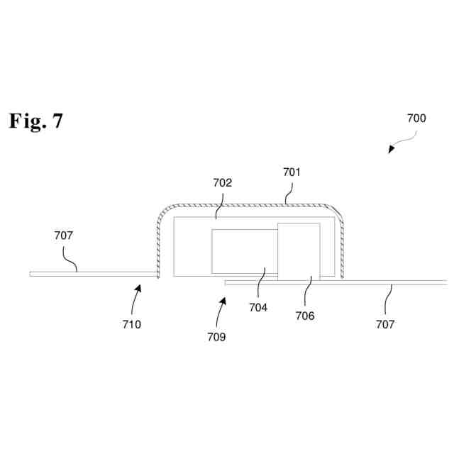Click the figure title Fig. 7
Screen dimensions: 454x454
tap(36, 121)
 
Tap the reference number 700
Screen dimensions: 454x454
tap(416, 118)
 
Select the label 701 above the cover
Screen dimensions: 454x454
tap(292, 172)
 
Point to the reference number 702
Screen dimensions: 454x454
tap(223, 182)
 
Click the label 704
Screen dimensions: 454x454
tap(258, 307)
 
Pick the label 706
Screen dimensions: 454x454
tap(305, 316)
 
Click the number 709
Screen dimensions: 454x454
tap(216, 337)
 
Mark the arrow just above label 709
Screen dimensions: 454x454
tap(223, 306)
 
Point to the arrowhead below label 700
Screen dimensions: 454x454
tap(389, 150)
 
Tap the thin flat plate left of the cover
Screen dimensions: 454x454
tap(92, 274)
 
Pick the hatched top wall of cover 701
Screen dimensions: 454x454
tap(248, 204)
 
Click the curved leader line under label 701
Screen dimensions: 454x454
tap(289, 190)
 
